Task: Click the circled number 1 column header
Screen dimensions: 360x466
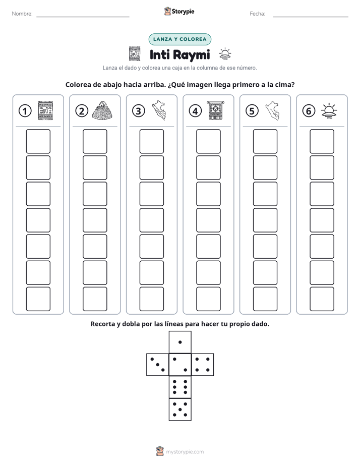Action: pos(25,111)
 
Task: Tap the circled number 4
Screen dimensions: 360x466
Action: pos(195,111)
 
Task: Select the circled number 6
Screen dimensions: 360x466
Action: pos(309,111)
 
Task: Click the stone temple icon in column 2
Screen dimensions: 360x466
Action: pos(102,110)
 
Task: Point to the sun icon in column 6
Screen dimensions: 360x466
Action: pos(329,110)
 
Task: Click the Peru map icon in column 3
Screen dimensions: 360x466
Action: pos(159,110)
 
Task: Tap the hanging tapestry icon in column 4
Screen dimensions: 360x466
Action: pos(216,110)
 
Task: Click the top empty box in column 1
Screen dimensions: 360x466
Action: pos(38,141)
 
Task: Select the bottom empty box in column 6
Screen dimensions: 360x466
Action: pos(322,299)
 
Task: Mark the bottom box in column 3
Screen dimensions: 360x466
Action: pos(151,299)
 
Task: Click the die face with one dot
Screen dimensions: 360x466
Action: pos(180,342)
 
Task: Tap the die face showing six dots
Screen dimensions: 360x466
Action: pos(180,387)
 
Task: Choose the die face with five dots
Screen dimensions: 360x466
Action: pos(180,410)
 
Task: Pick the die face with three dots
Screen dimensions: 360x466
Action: pos(158,364)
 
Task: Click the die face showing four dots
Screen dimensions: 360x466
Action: pos(203,364)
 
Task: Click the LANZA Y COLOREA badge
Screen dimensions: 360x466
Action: pos(179,39)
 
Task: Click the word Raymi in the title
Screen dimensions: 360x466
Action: pos(191,55)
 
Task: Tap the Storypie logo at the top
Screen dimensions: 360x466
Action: pos(179,12)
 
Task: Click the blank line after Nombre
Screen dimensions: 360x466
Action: pos(83,17)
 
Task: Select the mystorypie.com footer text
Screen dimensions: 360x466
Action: pos(185,452)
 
